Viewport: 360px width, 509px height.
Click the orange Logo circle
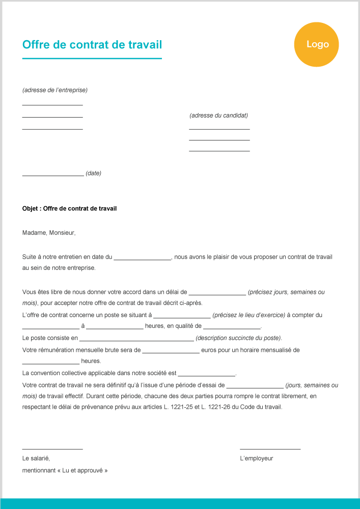coord(316,44)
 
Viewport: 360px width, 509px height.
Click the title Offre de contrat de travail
coord(92,45)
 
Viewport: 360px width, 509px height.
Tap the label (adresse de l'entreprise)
coord(55,90)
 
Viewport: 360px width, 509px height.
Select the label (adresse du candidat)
coord(218,116)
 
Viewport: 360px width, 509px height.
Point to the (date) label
coord(93,173)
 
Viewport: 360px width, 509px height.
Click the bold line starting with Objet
coord(70,209)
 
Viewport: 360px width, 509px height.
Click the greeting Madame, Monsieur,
coord(49,233)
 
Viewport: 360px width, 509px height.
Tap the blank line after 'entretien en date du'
coord(143,259)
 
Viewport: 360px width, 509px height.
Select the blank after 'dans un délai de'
coord(217,294)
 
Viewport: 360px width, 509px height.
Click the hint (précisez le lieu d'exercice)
coord(248,316)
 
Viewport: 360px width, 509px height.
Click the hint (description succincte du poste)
coord(238,338)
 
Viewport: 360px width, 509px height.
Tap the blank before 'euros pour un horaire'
coord(171,352)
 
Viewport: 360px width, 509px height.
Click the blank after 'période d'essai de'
coord(255,387)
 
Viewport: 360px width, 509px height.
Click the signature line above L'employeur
coord(270,449)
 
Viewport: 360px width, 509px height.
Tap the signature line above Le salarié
coord(52,449)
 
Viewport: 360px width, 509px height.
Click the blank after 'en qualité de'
coord(232,328)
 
